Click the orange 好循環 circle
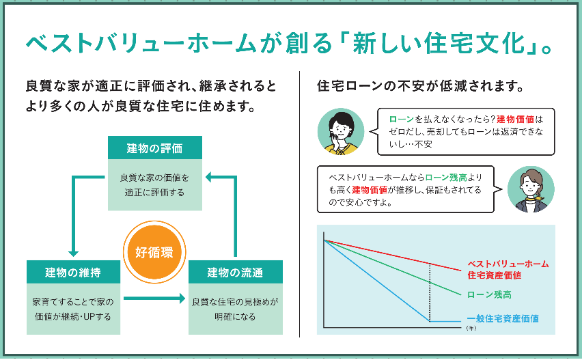coord(154,252)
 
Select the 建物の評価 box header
coord(155,148)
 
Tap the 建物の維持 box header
coord(73,272)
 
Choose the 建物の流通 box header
coord(235,272)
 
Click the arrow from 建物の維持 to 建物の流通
coord(154,298)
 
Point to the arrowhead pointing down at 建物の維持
coord(73,253)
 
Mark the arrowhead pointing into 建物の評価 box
coord(208,177)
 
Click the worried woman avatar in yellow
coord(341,131)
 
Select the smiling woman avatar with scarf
coord(531,189)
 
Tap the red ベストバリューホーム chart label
coord(508,269)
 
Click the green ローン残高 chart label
coord(489,294)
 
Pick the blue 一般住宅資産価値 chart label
coord(503,318)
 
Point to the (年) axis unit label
coord(471,328)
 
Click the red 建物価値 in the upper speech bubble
coord(515,119)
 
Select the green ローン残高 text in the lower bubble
coord(446,178)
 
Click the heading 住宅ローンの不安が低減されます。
coord(421,86)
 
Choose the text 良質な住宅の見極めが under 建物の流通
coord(235,302)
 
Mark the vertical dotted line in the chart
coord(430,292)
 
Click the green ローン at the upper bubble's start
coord(401,119)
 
